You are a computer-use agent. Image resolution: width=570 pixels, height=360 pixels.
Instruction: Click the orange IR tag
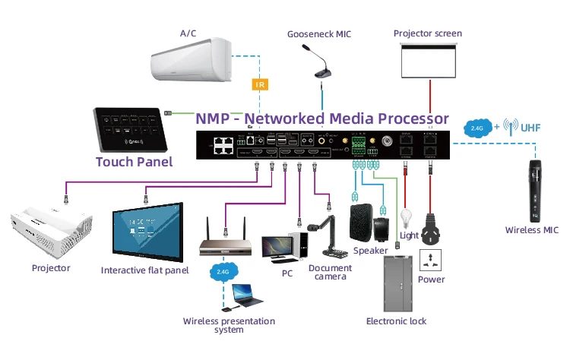click(260, 84)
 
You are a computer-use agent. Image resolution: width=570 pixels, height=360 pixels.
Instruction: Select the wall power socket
click(432, 257)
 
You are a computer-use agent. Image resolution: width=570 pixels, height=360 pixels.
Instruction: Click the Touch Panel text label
click(134, 162)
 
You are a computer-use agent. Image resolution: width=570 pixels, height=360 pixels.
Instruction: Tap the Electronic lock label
click(396, 321)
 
